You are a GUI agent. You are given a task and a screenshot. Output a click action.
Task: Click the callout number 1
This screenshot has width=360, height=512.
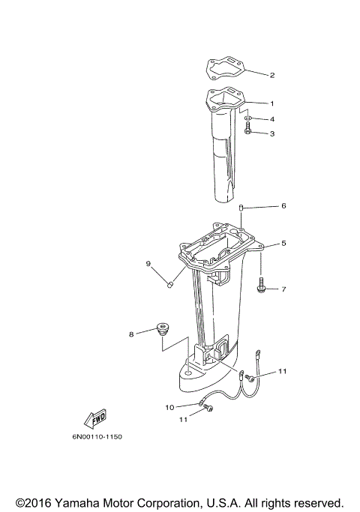pos(272,103)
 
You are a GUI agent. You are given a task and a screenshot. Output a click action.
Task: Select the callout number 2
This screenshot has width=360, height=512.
pos(272,75)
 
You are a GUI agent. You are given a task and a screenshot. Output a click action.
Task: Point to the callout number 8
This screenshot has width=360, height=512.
pos(131,334)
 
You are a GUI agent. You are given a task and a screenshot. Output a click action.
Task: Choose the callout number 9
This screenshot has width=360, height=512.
pos(148,263)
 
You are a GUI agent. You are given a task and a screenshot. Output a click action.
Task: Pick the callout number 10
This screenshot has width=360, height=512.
pos(170,407)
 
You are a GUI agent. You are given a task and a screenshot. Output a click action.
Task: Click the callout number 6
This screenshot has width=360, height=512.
pos(283,205)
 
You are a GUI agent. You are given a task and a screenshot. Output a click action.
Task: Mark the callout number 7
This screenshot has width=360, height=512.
pos(283,289)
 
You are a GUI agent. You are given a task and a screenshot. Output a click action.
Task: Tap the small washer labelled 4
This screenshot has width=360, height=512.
pos(248,118)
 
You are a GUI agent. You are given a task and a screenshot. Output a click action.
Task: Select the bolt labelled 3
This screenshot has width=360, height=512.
pos(248,133)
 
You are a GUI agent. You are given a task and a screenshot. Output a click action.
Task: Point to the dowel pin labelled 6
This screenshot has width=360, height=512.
pos(242,206)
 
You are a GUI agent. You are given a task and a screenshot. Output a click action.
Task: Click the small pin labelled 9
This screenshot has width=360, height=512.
pos(170,285)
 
